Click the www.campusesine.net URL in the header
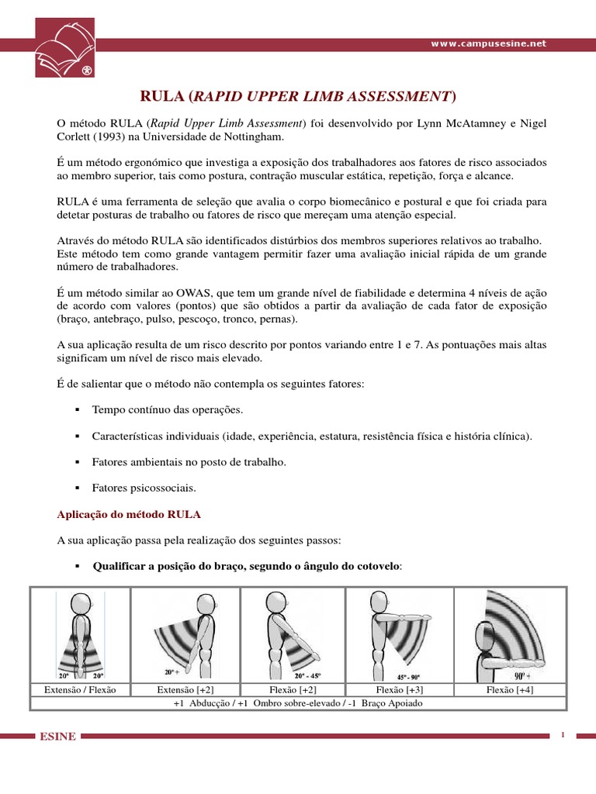pyautogui.click(x=488, y=44)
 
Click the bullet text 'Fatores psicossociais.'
pyautogui.click(x=144, y=488)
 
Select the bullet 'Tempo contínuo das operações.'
pyautogui.click(x=167, y=409)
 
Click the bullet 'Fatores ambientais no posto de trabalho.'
pyautogui.click(x=189, y=461)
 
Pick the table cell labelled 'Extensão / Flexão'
pyautogui.click(x=80, y=689)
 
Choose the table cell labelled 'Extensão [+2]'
pyautogui.click(x=185, y=689)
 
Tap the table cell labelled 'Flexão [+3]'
pyautogui.click(x=399, y=689)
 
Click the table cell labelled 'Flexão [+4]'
pyautogui.click(x=510, y=689)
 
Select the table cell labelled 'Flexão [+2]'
pyautogui.click(x=292, y=689)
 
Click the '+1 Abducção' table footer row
pyautogui.click(x=298, y=703)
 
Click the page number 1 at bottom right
pyautogui.click(x=562, y=734)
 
